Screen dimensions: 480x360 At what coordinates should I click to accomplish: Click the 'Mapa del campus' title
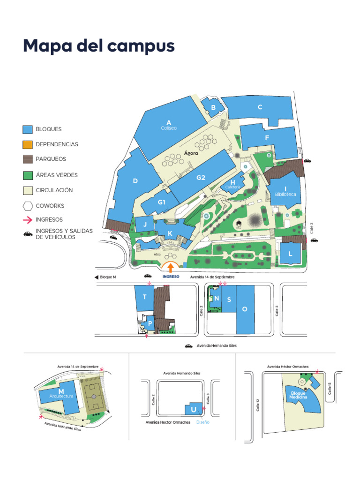tap(98, 46)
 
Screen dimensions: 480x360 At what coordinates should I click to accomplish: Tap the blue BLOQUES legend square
tap(28, 129)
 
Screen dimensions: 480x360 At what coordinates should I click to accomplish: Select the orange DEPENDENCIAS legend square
tap(28, 144)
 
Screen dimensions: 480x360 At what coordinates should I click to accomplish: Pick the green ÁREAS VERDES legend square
tap(28, 175)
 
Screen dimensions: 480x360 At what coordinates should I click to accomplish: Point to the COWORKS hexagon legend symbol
tap(28, 206)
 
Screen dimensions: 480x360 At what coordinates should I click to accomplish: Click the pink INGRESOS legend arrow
tap(28, 219)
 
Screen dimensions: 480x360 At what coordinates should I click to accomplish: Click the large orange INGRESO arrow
tap(171, 267)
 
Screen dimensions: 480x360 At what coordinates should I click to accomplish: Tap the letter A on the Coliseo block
tap(168, 122)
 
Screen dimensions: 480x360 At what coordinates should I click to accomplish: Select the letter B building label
tap(213, 108)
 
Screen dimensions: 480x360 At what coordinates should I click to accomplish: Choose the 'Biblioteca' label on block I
tap(285, 194)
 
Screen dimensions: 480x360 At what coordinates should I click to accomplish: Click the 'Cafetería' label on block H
tap(232, 187)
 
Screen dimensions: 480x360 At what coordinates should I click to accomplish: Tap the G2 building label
tap(201, 178)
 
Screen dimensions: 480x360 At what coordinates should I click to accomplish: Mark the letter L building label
tap(291, 254)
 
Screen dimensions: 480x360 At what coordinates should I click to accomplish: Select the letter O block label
tap(244, 309)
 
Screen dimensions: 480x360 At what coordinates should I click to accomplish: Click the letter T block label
tap(144, 297)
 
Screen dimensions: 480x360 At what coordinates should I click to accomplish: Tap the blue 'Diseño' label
tap(203, 422)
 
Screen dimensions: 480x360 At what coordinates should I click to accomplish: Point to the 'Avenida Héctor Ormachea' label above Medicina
tap(288, 367)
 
